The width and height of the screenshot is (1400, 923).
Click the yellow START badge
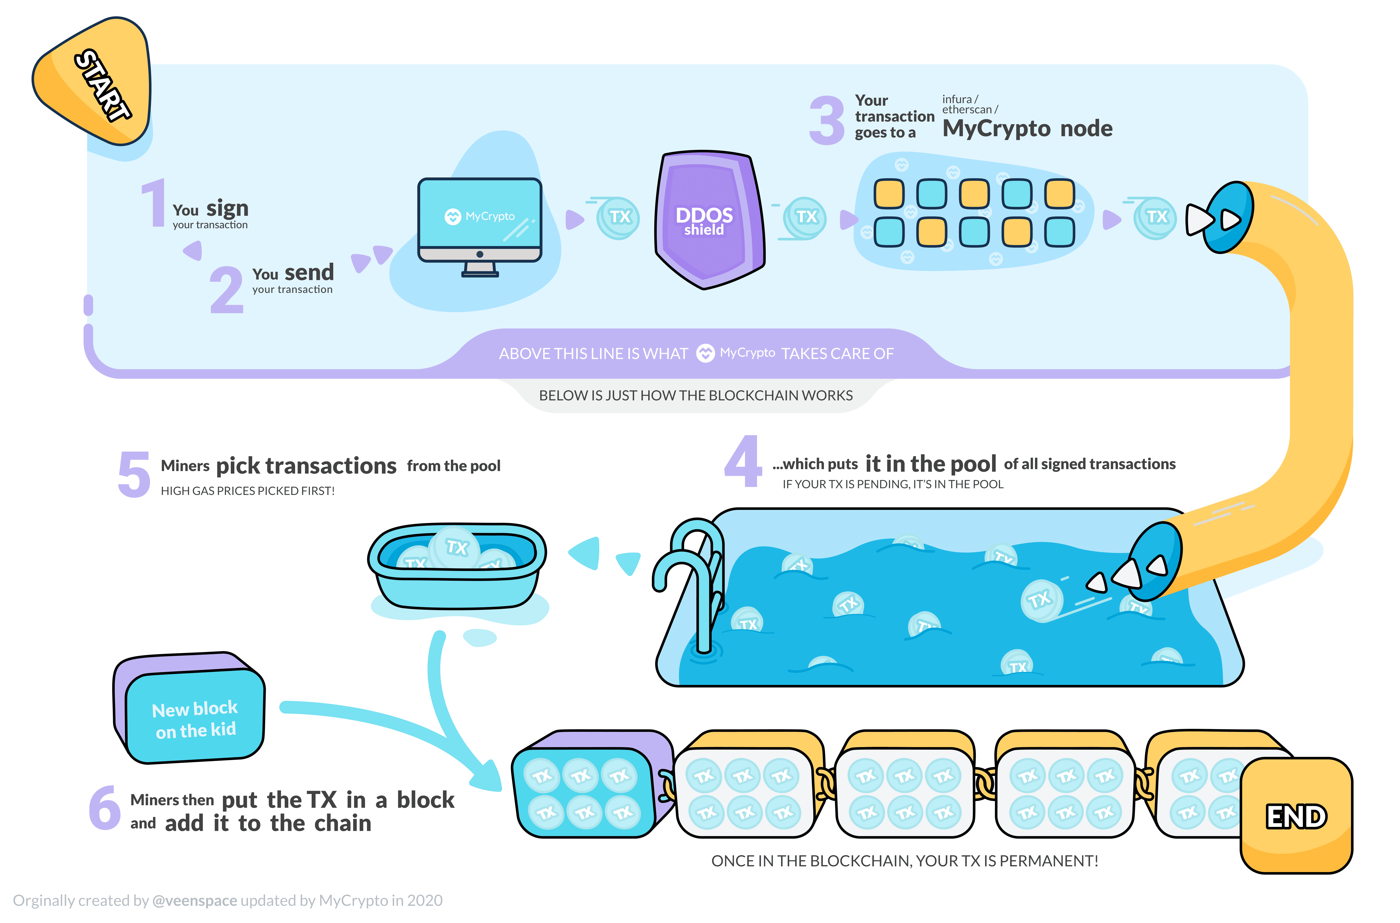pyautogui.click(x=94, y=82)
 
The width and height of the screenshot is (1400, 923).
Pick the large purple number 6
pyautogui.click(x=105, y=808)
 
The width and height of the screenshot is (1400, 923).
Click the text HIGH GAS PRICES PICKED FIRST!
pyautogui.click(x=248, y=491)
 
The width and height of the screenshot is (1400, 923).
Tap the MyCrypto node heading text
pyautogui.click(x=1028, y=128)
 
